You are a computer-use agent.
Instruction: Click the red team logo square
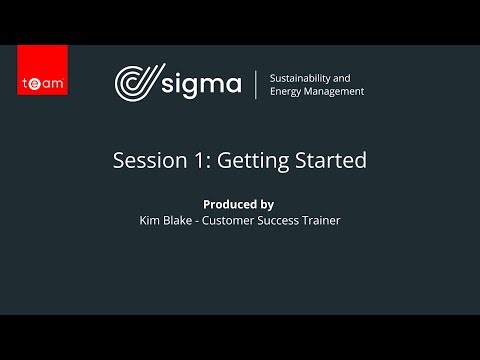pos(43,70)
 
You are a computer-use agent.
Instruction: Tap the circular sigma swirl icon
pos(136,84)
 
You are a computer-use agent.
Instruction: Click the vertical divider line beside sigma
pos(257,84)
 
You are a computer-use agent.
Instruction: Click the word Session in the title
pos(144,160)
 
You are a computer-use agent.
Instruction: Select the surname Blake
pos(182,220)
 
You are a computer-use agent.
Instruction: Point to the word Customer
pos(234,220)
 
